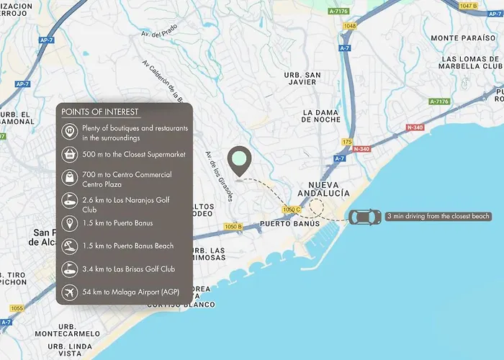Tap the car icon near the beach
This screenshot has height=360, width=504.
[365, 217]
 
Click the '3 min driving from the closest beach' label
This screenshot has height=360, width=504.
[438, 216]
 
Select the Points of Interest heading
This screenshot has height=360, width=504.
[100, 112]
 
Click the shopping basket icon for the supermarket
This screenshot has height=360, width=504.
[70, 154]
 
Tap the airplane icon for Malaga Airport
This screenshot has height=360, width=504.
[70, 293]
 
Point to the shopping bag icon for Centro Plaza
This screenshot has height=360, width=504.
[70, 177]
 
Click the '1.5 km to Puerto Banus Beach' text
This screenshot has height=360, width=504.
[128, 246]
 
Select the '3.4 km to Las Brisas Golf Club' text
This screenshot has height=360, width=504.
[128, 269]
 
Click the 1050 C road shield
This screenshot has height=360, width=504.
[291, 210]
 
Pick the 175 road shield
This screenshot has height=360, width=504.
[348, 142]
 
